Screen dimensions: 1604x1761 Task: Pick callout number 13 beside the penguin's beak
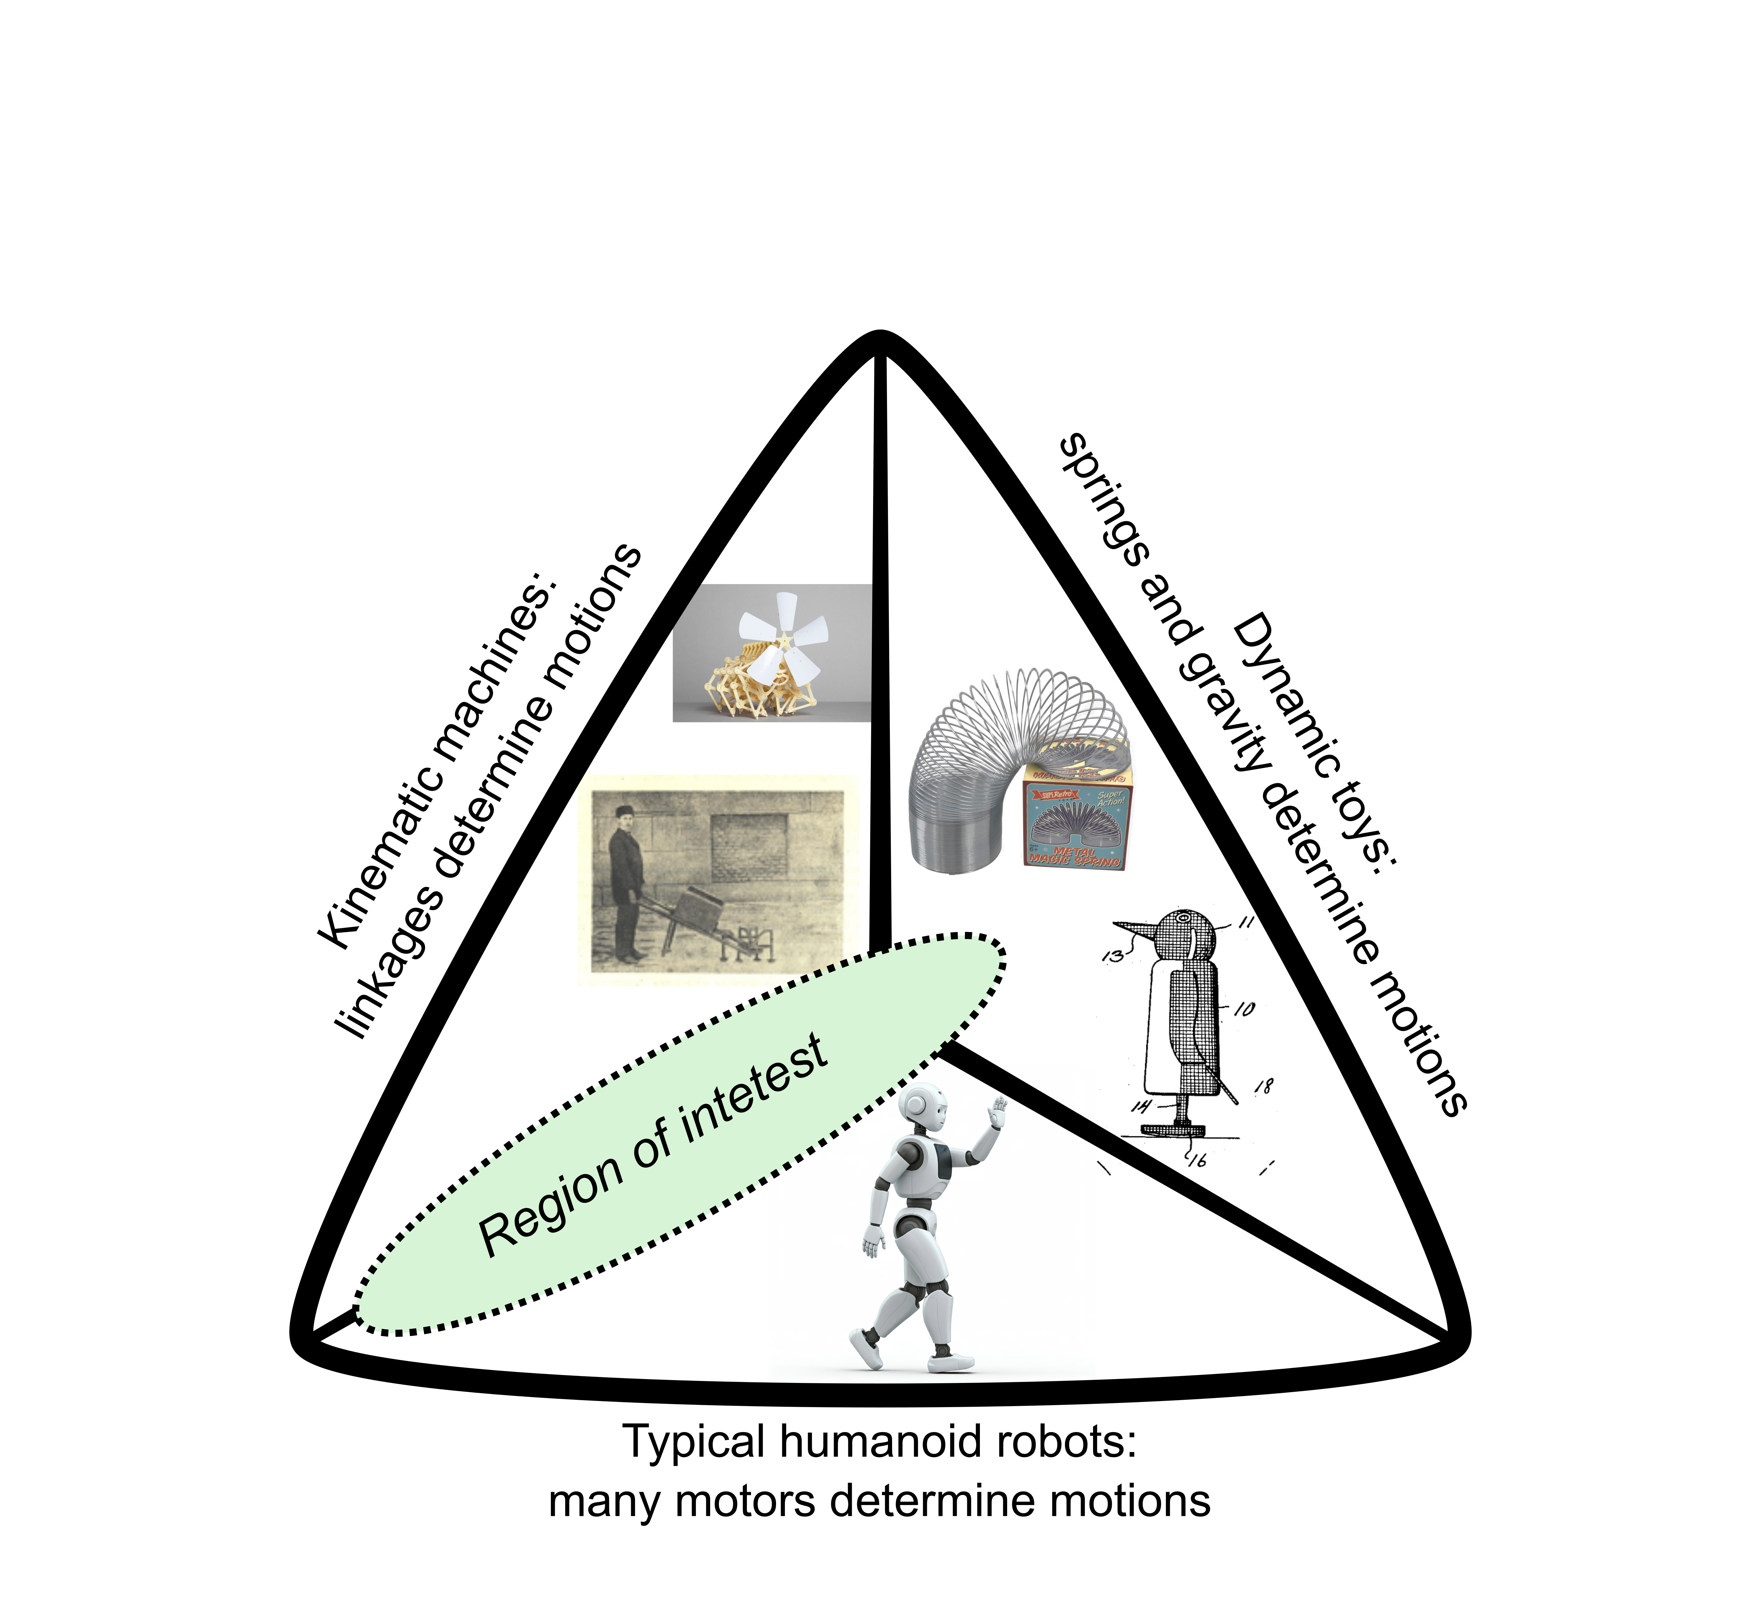click(x=1112, y=957)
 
